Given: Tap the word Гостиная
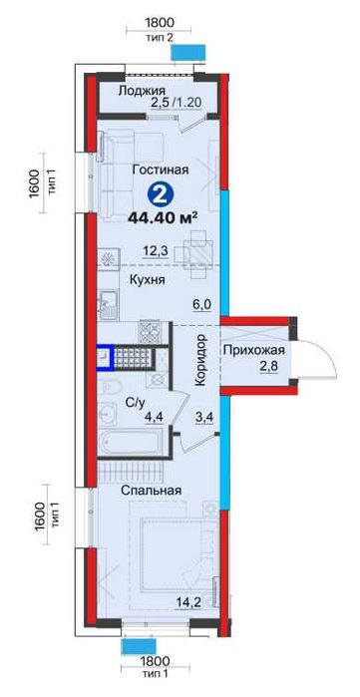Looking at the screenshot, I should coord(159,170).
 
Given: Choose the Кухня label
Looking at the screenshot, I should coord(148,282).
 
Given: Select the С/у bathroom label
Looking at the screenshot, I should coord(138,402).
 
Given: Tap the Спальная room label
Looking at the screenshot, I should coord(153,492).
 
